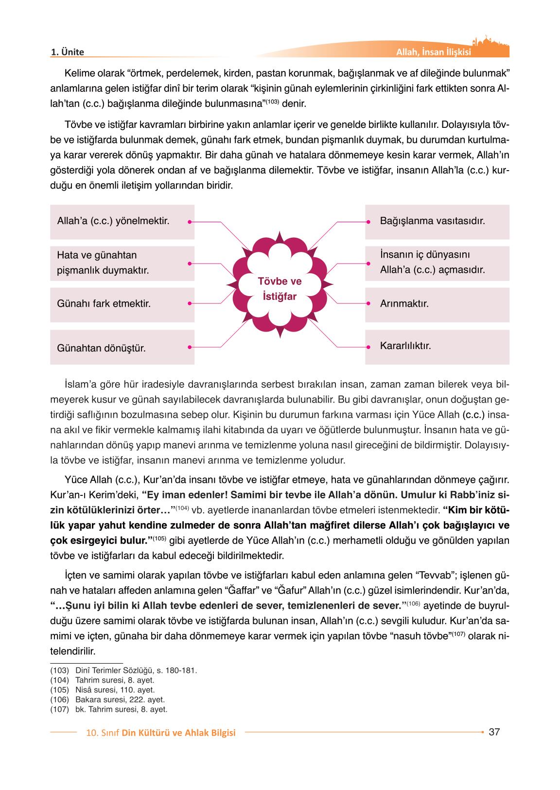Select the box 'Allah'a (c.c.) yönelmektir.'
122,222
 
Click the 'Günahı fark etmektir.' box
122,304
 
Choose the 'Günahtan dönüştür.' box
122,348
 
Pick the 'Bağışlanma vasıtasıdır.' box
437,222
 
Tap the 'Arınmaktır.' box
437,304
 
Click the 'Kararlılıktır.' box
437,347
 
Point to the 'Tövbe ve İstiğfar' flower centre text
279,289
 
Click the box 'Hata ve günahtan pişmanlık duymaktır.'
122,263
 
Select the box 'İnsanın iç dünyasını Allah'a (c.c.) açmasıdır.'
437,263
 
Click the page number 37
494,732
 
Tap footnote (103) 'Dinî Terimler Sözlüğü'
136,670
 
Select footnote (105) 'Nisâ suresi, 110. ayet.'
115,690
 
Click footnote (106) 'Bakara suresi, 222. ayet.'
120,700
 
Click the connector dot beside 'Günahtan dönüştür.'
189,347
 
